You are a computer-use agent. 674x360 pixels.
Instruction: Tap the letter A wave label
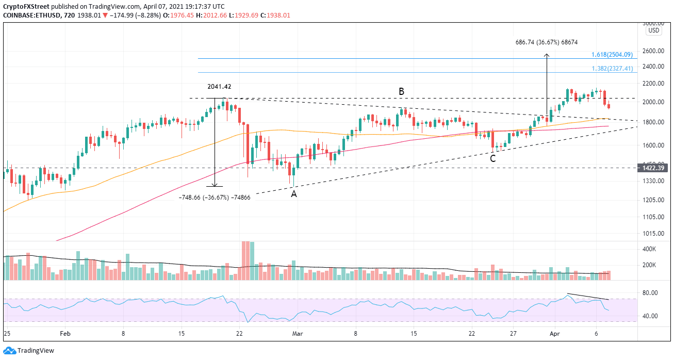tap(293, 194)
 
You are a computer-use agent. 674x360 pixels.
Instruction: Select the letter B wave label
tap(401, 91)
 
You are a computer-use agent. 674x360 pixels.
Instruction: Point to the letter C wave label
tap(492, 158)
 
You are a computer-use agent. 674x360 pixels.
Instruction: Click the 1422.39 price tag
tap(654, 168)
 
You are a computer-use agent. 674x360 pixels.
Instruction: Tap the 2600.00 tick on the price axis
tap(654, 51)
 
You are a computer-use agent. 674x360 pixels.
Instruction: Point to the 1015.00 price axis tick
tap(654, 233)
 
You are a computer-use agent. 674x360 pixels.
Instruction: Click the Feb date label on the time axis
tap(65, 334)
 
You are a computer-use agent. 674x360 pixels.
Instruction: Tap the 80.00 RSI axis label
tap(651, 292)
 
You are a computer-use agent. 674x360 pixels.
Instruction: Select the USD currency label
tap(653, 30)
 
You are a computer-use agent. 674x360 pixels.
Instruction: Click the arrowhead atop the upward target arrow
tap(547, 55)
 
